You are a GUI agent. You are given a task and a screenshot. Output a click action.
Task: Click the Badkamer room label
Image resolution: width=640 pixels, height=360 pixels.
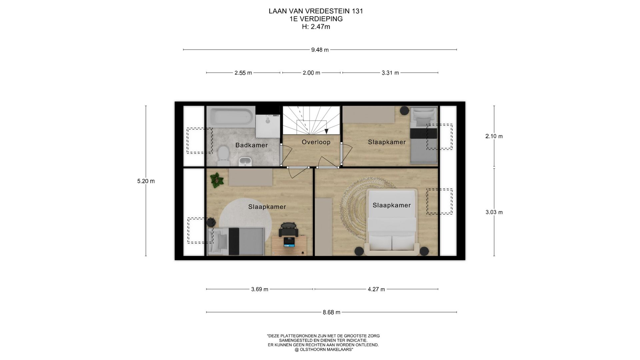[251, 145]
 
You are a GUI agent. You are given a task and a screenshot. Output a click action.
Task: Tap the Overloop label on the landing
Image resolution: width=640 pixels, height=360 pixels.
[316, 142]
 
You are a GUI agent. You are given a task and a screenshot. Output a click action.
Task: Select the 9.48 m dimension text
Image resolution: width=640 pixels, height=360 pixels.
[320, 50]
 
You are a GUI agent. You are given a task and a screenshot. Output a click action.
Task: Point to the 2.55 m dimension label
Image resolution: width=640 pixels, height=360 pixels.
[243, 73]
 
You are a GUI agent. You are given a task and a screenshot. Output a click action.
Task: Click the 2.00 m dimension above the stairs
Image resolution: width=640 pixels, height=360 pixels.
[311, 73]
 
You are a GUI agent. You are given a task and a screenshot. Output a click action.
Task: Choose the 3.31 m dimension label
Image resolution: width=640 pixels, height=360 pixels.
[390, 73]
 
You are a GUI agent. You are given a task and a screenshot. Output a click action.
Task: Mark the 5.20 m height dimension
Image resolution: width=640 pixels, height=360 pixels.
[146, 181]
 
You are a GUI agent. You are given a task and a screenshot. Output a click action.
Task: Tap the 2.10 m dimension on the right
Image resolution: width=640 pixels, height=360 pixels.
[494, 136]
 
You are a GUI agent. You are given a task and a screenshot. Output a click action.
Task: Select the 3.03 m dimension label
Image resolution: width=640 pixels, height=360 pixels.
[494, 212]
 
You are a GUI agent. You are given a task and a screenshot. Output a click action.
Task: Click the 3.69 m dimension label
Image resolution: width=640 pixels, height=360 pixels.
[260, 289]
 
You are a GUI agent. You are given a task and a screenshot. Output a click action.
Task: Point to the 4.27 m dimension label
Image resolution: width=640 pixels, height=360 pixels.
[376, 289]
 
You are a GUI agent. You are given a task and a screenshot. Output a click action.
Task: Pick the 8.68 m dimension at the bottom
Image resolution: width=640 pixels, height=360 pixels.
[331, 312]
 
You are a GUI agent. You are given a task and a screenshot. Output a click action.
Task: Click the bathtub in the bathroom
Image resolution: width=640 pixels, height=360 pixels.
[231, 116]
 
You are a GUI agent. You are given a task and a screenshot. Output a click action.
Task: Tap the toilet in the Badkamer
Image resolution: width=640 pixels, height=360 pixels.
[223, 156]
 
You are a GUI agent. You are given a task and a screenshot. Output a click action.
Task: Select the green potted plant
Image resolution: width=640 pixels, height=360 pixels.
[217, 180]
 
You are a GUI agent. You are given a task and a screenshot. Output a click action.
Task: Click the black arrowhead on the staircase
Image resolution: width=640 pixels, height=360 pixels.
[326, 131]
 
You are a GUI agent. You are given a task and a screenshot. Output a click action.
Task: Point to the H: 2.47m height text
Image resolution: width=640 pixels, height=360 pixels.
[316, 27]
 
